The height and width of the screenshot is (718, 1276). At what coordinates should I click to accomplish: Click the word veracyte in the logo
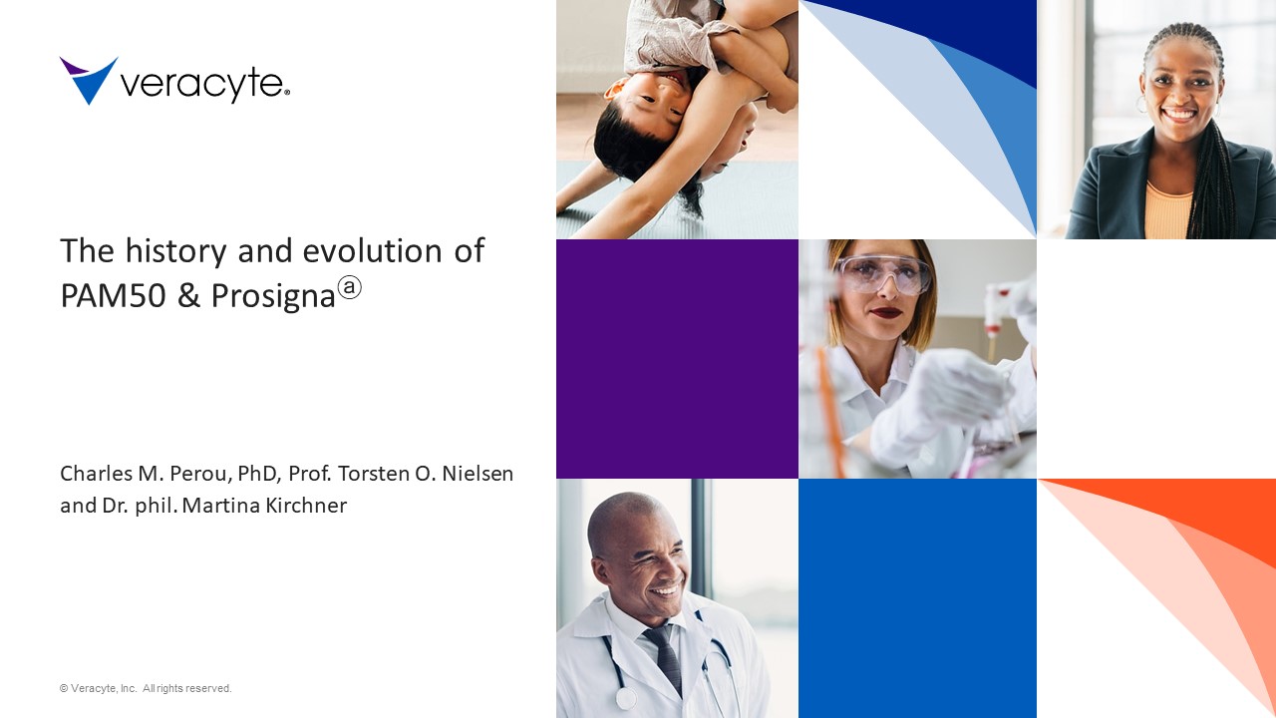202,86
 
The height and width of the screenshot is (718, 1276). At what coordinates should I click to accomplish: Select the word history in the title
175,252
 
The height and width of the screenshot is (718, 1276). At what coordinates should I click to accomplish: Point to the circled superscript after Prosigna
349,287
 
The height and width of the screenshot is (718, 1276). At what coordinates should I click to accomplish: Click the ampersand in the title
188,295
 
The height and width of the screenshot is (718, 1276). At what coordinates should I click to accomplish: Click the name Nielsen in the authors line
478,474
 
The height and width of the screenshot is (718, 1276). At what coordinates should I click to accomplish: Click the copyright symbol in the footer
64,688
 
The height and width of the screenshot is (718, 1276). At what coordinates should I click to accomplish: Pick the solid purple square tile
677,359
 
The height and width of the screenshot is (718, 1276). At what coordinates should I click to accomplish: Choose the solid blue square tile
918,598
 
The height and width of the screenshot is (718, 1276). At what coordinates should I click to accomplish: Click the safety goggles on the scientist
883,274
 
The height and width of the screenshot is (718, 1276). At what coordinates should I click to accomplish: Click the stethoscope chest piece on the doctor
626,699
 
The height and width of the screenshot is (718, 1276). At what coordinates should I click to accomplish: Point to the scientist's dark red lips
886,312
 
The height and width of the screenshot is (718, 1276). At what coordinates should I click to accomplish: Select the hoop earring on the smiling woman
1141,105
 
